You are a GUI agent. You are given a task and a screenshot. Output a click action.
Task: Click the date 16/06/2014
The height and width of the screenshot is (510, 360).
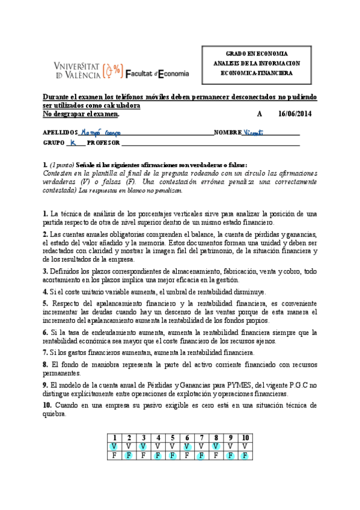pos(295,114)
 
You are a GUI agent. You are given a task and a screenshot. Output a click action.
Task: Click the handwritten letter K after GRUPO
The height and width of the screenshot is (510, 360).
pos(73,143)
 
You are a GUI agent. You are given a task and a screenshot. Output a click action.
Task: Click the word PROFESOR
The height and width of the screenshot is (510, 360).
pos(104,143)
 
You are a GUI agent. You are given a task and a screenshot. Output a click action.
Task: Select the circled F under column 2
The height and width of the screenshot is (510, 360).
pos(128,456)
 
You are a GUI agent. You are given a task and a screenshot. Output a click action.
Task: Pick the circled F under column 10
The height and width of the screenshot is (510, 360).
pos(245,456)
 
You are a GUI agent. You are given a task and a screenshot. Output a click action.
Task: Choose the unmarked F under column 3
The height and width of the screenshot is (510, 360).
pos(142,456)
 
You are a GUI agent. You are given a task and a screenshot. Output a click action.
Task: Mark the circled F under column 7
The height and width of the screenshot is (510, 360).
pos(201,456)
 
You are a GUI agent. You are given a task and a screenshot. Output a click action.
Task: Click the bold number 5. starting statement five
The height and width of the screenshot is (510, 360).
pos(46,304)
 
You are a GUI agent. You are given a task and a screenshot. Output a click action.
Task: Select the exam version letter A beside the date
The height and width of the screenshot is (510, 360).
pos(260,114)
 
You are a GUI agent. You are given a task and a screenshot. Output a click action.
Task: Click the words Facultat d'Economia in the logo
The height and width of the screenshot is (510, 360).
pos(157,73)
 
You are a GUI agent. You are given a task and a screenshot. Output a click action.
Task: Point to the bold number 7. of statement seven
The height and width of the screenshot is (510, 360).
pos(46,353)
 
